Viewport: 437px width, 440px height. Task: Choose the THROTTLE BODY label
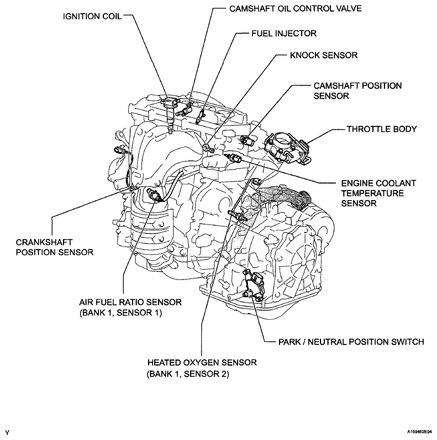pos(381,129)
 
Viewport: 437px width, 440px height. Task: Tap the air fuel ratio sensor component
pos(155,194)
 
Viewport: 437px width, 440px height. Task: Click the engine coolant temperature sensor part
pos(238,158)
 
